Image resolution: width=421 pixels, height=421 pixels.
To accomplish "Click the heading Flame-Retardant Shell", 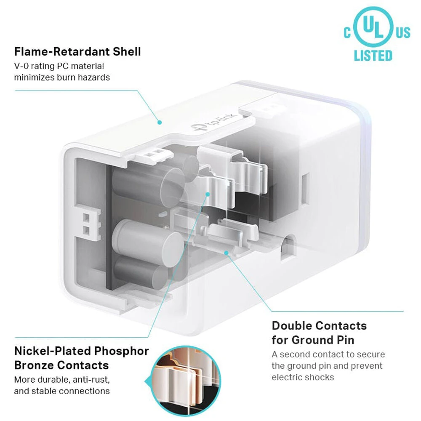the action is [77, 51].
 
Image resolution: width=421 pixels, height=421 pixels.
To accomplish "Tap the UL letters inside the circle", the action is [373, 27].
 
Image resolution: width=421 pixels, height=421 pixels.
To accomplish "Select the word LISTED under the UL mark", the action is [373, 56].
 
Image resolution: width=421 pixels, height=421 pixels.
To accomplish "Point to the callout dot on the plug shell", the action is [160, 123].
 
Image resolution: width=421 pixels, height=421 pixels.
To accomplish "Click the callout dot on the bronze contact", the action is [207, 194].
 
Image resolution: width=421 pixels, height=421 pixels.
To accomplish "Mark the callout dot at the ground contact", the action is [226, 253].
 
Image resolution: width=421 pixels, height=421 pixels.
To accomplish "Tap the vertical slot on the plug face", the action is [305, 189].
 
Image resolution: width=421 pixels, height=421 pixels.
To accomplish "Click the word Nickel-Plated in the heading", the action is [52, 351].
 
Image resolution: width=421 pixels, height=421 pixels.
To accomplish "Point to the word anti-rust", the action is [91, 380].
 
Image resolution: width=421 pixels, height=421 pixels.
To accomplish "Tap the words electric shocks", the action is [303, 377].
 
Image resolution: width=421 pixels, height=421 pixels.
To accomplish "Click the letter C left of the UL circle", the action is [347, 32].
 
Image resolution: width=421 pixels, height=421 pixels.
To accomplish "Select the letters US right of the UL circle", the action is [403, 32].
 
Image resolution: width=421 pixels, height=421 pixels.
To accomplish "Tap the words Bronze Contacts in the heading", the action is [61, 365].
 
